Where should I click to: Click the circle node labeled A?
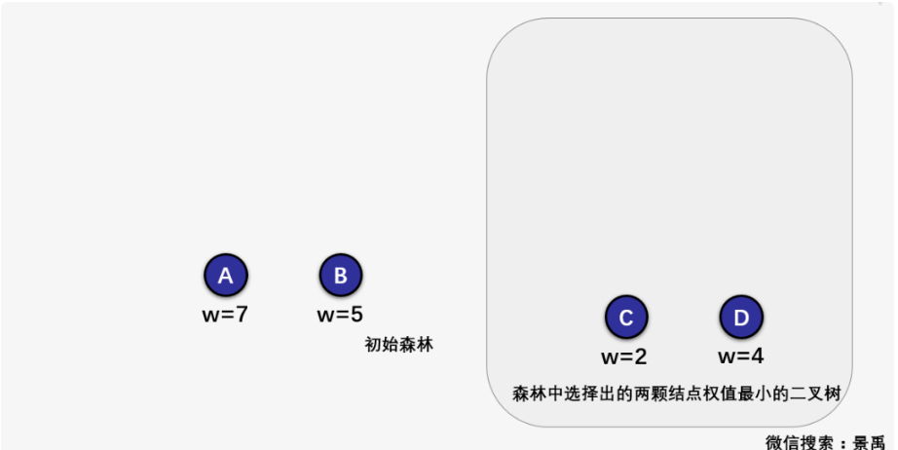click(225, 276)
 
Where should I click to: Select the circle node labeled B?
click(341, 276)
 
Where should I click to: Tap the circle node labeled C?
click(626, 318)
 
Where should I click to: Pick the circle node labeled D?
click(741, 318)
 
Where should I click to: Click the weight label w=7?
click(225, 315)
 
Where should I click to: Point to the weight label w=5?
click(341, 315)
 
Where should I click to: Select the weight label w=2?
click(623, 356)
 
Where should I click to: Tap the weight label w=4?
click(740, 356)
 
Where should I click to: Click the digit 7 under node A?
click(243, 315)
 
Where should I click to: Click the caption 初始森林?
click(398, 345)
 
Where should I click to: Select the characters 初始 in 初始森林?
click(381, 345)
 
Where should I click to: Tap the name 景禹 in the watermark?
click(870, 441)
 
